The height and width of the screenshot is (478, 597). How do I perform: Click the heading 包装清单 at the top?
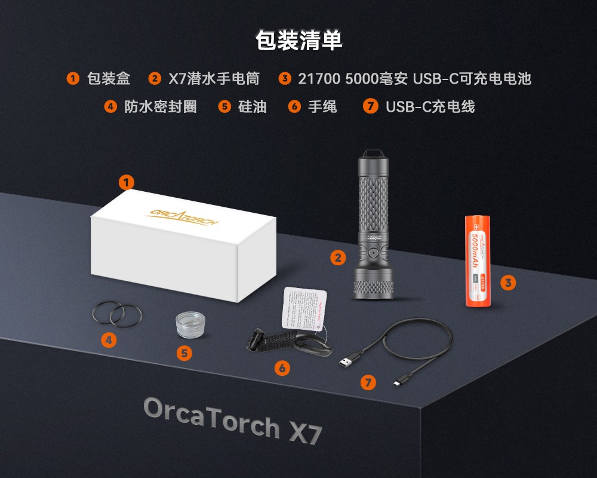[298, 41]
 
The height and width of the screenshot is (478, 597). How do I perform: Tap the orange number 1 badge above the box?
[126, 182]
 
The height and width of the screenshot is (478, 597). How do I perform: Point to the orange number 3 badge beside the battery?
[507, 283]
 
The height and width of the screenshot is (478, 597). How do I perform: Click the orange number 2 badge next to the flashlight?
[338, 258]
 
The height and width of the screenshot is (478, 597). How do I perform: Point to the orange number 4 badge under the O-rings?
[109, 341]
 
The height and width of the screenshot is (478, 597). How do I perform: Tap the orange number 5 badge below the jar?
[185, 353]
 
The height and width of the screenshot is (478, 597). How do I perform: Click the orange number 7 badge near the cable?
[368, 382]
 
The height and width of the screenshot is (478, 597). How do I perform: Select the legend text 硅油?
[252, 107]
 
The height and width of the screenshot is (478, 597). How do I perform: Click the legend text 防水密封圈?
[160, 107]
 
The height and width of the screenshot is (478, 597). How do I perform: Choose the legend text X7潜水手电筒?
[214, 79]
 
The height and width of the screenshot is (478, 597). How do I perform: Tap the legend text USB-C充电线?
[430, 107]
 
